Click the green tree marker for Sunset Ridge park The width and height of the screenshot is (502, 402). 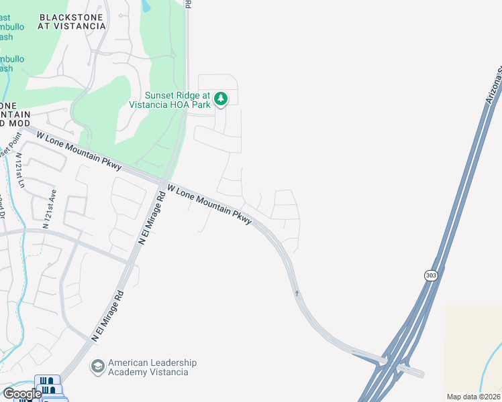221,100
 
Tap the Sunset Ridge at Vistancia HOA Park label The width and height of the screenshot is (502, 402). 178,100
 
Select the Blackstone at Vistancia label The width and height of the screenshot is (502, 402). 72,21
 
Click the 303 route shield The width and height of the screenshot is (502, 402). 432,275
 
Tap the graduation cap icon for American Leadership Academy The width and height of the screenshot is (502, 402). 98,366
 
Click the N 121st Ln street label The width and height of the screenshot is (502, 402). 19,170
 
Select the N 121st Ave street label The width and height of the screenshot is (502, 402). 48,208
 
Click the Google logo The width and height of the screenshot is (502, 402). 22,394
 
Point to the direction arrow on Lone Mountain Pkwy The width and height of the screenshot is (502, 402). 296,292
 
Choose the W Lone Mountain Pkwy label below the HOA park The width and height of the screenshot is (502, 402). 209,204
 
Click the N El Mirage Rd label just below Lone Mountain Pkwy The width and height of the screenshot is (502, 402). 151,218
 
